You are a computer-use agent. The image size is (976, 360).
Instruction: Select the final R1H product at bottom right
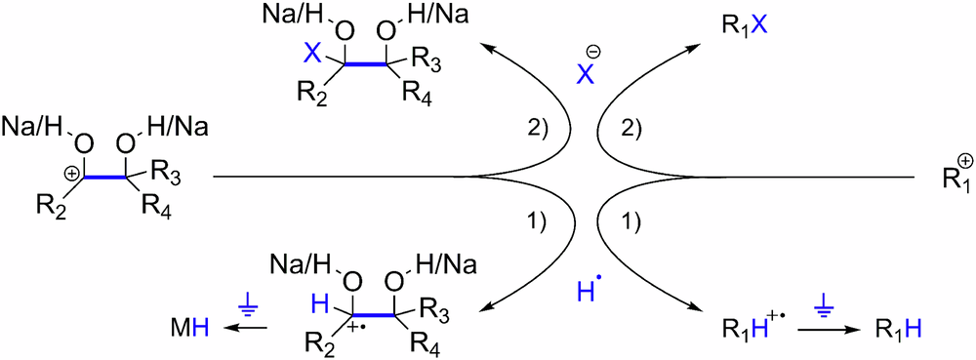click(x=895, y=334)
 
